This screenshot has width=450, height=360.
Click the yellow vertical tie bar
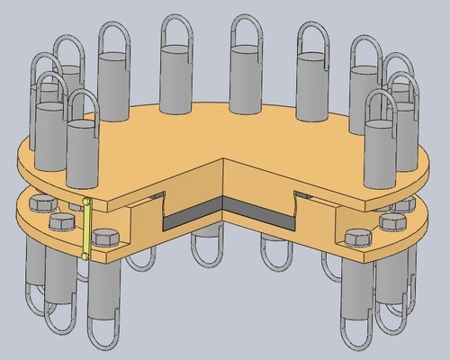coord(86,229)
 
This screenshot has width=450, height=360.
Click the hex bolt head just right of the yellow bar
coord(104,239)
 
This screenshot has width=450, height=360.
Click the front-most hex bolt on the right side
coord(357,238)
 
